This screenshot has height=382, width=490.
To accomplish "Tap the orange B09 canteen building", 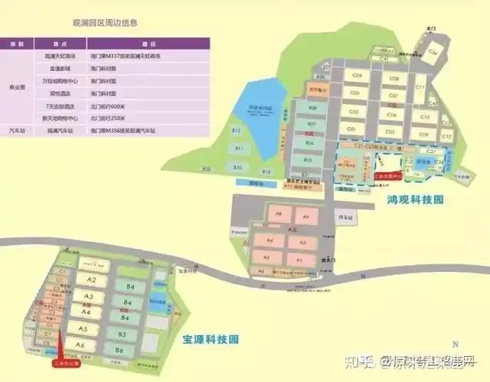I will (313, 90).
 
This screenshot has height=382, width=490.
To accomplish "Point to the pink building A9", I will (305, 217).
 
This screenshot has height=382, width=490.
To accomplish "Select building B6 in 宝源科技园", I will (118, 350).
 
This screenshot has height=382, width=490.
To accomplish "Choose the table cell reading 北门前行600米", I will (104, 107).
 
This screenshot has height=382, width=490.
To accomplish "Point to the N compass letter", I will (454, 344).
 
